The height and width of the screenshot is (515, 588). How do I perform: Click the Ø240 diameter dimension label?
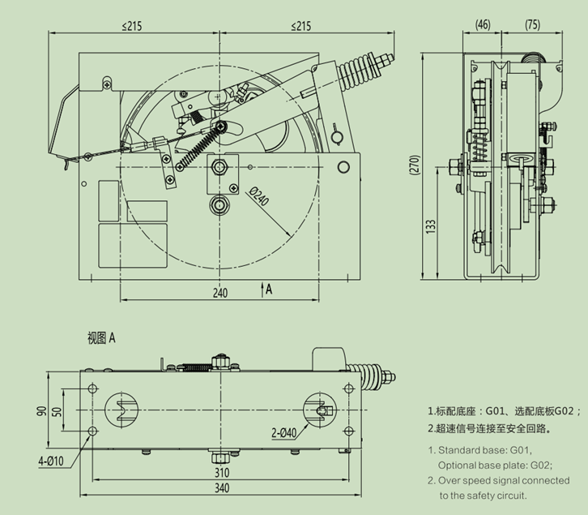point(258,196)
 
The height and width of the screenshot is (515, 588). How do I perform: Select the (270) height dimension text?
point(415,165)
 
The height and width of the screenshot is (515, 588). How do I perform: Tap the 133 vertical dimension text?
point(431,227)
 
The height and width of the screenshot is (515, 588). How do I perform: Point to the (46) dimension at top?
point(483,24)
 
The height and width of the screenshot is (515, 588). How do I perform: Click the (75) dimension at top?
point(532,24)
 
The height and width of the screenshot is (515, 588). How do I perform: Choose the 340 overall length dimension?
point(222,488)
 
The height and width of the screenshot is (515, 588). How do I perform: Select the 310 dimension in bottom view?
point(222,473)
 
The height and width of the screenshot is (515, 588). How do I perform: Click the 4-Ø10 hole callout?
point(51,461)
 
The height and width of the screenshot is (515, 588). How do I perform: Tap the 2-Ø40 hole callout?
point(283,433)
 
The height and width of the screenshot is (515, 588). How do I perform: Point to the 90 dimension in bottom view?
point(42,410)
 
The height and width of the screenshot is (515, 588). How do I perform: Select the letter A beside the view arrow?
point(269,290)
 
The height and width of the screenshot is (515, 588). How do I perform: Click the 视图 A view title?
point(101,338)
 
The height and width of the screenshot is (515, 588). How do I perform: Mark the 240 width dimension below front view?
point(220,293)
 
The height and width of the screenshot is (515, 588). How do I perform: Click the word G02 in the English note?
point(540,466)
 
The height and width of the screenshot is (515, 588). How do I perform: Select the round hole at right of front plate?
point(343,167)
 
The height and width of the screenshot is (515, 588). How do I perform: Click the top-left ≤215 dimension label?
point(132,26)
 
